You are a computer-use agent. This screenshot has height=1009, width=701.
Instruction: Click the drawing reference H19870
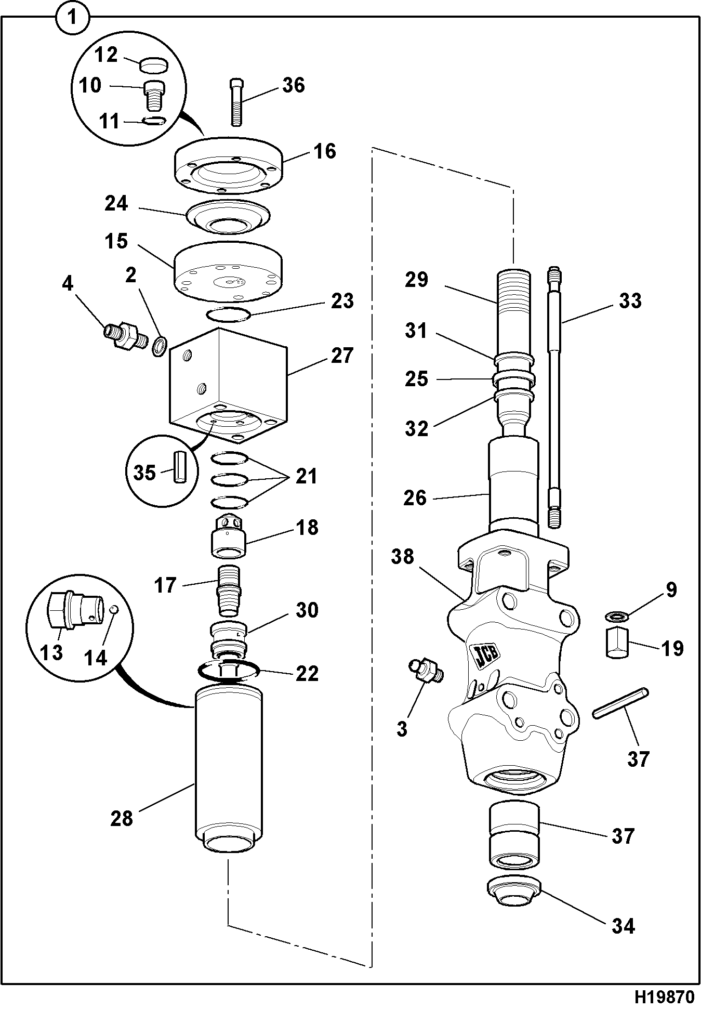point(664,997)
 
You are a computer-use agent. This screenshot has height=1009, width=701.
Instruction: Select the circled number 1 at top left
point(72,18)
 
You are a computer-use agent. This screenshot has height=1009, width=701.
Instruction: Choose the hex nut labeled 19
point(616,643)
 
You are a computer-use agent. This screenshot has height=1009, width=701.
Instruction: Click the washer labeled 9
point(616,616)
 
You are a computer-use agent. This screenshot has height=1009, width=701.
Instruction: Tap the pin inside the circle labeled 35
point(179,468)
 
